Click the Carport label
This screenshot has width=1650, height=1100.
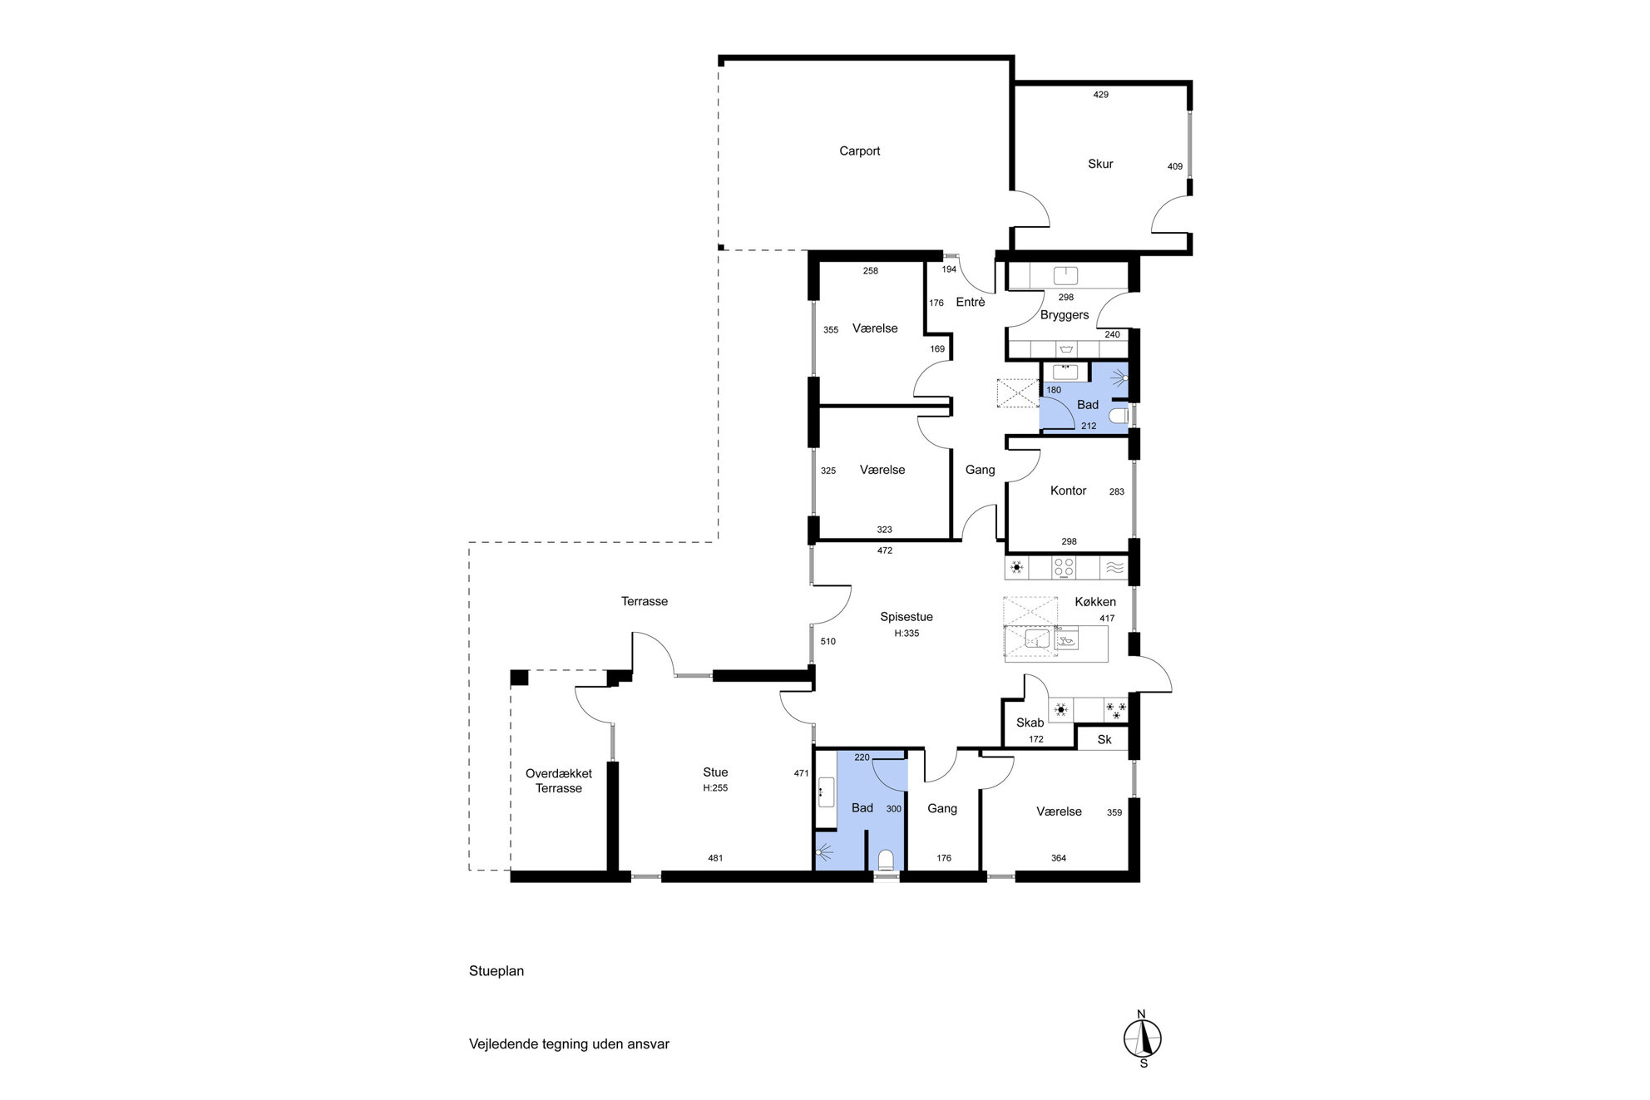pos(859,151)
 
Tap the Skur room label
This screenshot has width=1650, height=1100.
pos(1100,164)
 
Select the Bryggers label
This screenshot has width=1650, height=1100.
pos(1065,315)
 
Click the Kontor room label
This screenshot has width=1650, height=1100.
pos(1068,491)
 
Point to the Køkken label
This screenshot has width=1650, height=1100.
pos(1095,602)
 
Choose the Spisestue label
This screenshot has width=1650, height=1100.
pos(907,617)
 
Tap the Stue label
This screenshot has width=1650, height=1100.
pos(715,772)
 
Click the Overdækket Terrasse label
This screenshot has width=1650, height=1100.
pos(559,781)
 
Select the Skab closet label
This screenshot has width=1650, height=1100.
pos(1030,723)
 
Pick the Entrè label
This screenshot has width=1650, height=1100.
pos(971,302)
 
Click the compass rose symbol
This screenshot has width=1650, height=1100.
pos(1143,1038)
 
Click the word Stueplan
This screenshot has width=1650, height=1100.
pos(496,971)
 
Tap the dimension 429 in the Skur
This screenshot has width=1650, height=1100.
pos(1100,95)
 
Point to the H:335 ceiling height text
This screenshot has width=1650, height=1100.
pos(907,634)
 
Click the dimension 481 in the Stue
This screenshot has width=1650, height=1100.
pos(715,858)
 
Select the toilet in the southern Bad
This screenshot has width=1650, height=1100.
pos(886,860)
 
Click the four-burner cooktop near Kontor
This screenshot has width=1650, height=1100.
pos(1064,568)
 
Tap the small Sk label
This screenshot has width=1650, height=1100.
pos(1104,740)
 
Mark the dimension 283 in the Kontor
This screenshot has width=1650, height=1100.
pos(1117,491)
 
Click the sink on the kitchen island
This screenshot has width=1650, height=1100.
pos(1036,639)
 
